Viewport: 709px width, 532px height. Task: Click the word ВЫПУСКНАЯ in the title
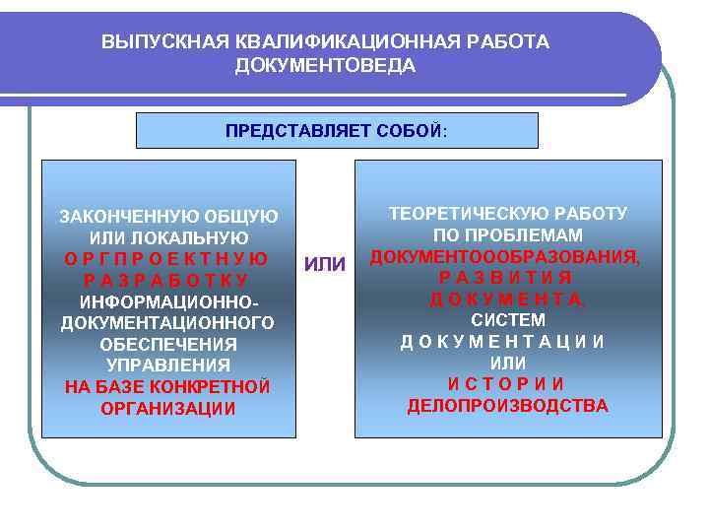(157, 42)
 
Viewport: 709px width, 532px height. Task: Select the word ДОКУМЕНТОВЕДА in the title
(325, 66)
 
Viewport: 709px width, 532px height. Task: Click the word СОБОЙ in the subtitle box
(410, 131)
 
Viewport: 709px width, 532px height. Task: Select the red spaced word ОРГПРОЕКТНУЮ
(168, 260)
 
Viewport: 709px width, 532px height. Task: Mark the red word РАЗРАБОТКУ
(168, 281)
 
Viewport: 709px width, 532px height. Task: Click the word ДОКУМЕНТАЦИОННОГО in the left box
(168, 323)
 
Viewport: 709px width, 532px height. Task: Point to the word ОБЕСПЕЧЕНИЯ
(168, 345)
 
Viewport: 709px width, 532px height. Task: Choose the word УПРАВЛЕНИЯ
(168, 366)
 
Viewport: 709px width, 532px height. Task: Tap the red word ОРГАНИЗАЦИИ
(168, 409)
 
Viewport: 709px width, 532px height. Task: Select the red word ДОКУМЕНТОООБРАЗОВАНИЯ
(504, 256)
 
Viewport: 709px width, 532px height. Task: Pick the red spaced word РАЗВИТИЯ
(505, 277)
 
